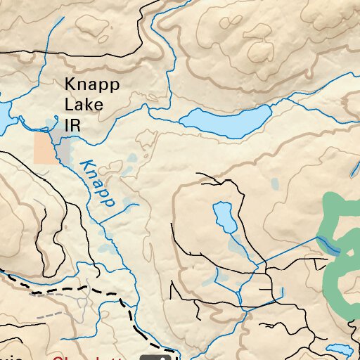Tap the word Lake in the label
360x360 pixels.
point(84,105)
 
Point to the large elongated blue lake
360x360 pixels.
point(226,122)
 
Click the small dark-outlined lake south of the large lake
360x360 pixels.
point(225,217)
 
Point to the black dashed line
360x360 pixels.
point(84,288)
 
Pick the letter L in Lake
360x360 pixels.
point(69,105)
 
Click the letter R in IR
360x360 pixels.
point(75,125)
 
